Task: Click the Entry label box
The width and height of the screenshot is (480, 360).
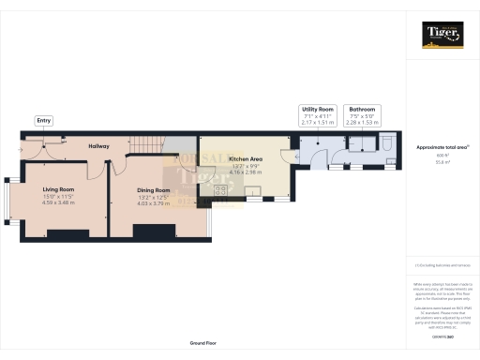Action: point(43,121)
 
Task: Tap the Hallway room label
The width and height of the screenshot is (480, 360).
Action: point(98,146)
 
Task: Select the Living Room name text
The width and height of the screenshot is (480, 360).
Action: point(58,188)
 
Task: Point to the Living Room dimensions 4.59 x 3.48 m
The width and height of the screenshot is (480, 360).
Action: point(58,202)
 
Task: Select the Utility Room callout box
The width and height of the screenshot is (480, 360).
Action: point(317,115)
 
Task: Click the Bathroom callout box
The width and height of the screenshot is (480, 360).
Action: point(362,115)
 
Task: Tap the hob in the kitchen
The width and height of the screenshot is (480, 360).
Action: point(222,191)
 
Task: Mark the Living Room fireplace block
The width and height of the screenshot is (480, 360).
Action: point(56,232)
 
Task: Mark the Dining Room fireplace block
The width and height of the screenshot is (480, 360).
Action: point(150,232)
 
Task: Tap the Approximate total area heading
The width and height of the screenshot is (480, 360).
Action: point(442,147)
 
